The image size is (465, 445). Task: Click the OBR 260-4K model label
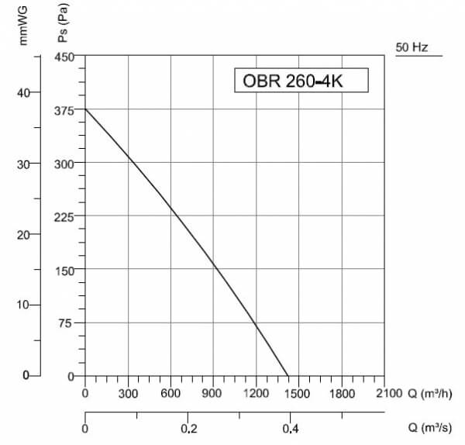tap(293, 81)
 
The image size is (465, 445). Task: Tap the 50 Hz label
tap(412, 47)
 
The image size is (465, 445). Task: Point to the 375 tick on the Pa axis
tap(64, 111)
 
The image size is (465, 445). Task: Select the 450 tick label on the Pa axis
tap(64, 57)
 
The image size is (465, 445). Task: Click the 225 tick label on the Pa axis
tap(64, 217)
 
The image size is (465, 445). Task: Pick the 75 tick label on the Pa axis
tap(65, 323)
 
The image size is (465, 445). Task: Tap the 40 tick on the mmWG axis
tap(23, 93)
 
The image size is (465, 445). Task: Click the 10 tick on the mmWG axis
tap(23, 305)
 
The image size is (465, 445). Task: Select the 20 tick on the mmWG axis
tap(23, 235)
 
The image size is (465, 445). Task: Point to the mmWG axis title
tap(22, 26)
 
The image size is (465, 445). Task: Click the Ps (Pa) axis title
tap(63, 22)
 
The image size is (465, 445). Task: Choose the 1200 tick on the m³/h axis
tap(257, 393)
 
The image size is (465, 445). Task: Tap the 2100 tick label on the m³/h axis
tap(389, 393)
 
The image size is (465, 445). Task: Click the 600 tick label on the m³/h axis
tap(170, 393)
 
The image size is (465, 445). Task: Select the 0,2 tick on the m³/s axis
tap(189, 429)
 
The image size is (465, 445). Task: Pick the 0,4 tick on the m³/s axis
tap(291, 429)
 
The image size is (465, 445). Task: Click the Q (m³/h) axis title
tap(430, 394)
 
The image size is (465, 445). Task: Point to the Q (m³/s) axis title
tap(430, 428)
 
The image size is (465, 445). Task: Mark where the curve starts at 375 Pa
tap(85, 109)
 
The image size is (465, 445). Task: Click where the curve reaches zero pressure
tap(288, 376)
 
